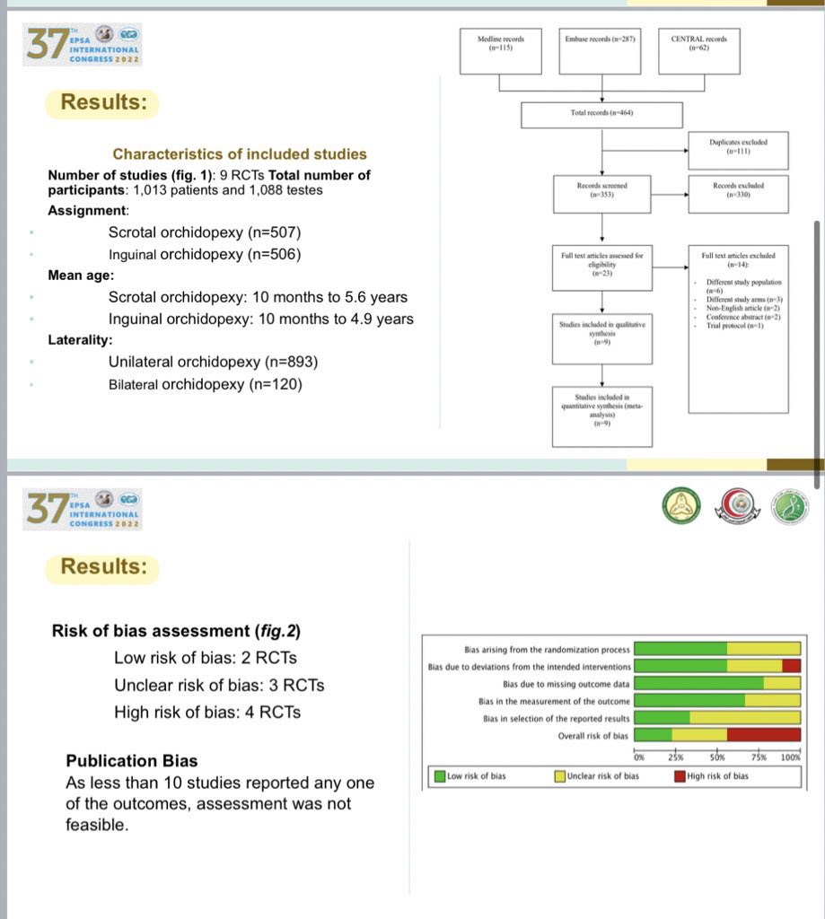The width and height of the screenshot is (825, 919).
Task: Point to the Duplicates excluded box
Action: (x=738, y=147)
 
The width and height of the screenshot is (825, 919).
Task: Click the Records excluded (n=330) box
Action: (x=738, y=189)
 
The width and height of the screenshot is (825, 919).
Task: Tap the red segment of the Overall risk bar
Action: (x=763, y=735)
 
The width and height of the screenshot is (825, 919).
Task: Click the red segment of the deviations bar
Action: (x=791, y=666)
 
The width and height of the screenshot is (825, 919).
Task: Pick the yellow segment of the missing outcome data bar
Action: (x=781, y=683)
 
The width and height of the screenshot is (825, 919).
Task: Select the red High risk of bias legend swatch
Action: (x=680, y=775)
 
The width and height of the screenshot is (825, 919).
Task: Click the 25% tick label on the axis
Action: (x=676, y=757)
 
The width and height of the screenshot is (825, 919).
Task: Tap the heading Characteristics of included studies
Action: (x=239, y=154)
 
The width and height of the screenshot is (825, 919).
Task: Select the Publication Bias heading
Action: (x=132, y=761)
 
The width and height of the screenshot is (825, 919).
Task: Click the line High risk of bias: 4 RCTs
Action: (x=207, y=713)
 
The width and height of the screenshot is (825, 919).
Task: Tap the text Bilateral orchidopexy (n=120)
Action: (x=205, y=384)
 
